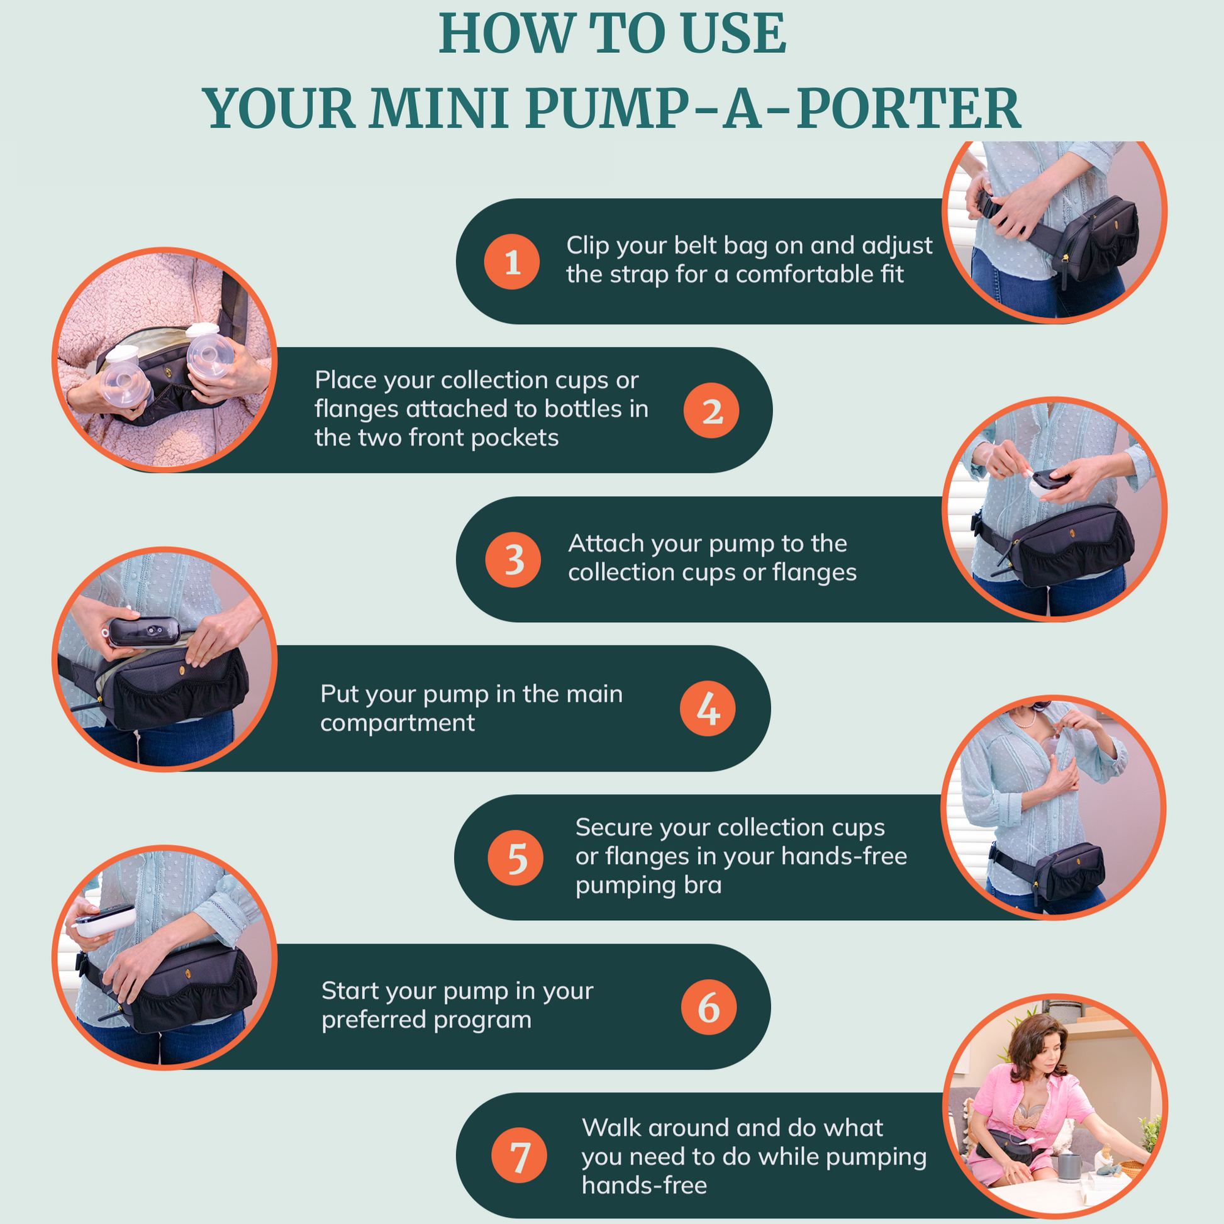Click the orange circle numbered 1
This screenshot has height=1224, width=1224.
[x=512, y=262]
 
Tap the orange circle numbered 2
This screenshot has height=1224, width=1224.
[x=711, y=411]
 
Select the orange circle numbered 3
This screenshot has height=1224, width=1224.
[x=513, y=559]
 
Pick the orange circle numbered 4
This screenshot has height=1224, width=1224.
[x=708, y=708]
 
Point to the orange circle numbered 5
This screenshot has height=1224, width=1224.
[x=516, y=858]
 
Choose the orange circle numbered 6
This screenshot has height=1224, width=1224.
[x=709, y=1007]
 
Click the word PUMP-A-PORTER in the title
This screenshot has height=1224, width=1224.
[x=773, y=108]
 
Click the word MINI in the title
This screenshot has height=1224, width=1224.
[x=440, y=108]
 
